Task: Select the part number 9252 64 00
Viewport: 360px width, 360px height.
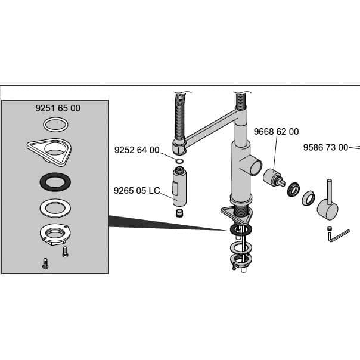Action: pos(136,150)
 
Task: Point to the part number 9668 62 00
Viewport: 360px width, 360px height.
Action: pos(276,132)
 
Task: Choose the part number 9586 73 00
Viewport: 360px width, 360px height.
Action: pos(325,147)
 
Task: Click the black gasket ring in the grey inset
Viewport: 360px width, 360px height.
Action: pos(55,181)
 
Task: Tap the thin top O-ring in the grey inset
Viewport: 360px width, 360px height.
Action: pos(55,125)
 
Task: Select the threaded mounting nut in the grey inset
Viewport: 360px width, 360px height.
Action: pos(55,234)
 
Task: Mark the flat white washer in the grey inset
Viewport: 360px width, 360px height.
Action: pos(55,208)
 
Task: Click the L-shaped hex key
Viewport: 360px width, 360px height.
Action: pos(337,236)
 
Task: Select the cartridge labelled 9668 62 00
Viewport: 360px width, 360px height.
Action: pos(274,179)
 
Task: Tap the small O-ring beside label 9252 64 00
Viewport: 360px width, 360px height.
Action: pos(179,160)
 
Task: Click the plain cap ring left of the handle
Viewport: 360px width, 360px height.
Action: pos(309,198)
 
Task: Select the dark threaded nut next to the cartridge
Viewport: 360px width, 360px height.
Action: pos(293,190)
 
